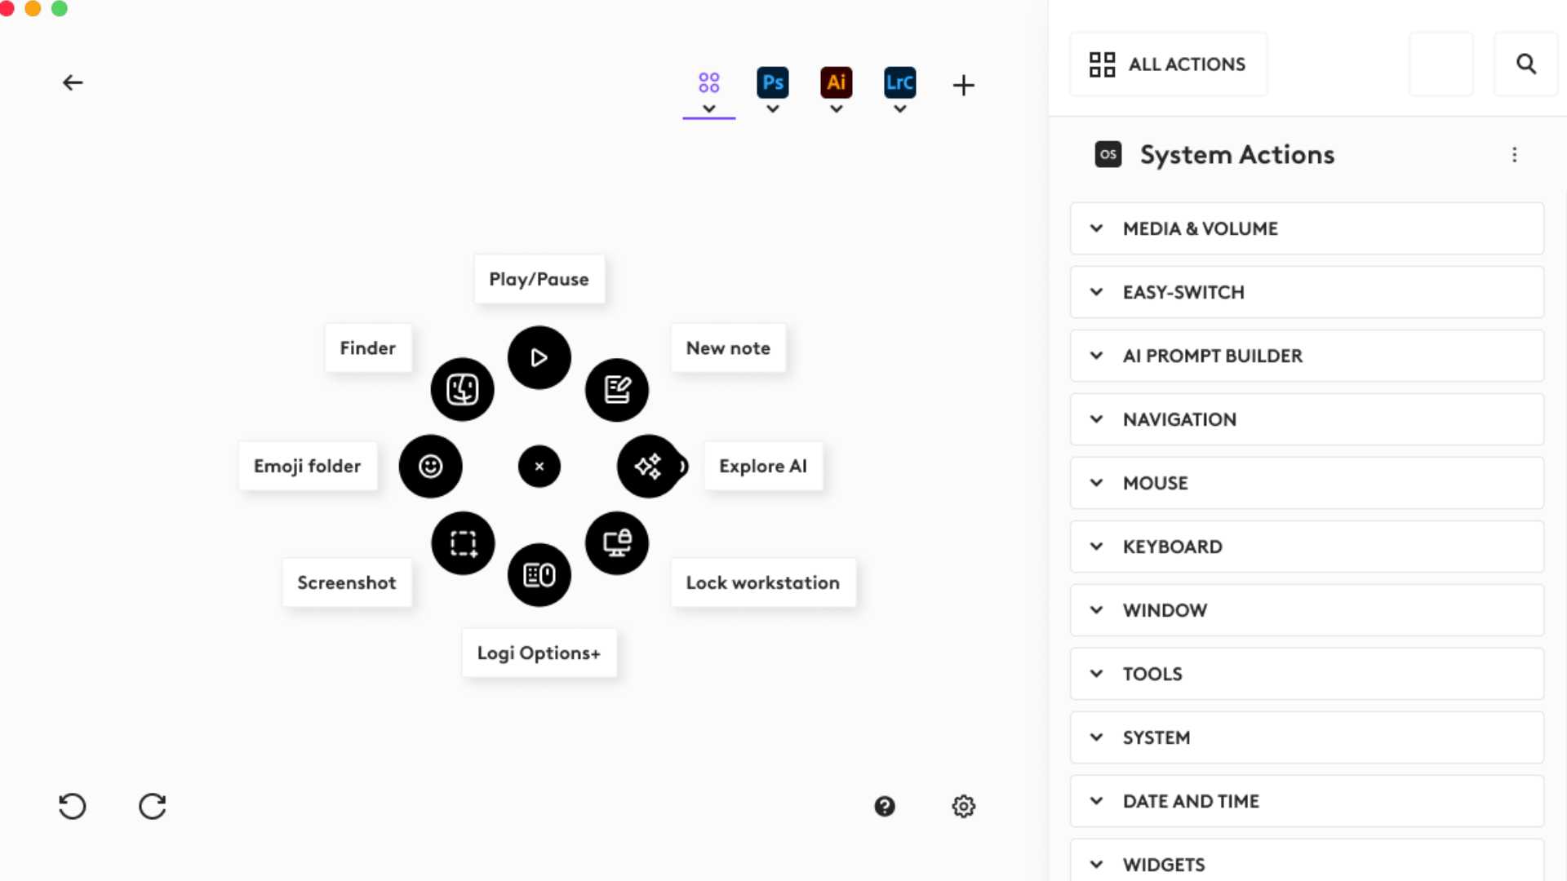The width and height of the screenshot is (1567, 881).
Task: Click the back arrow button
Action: [73, 82]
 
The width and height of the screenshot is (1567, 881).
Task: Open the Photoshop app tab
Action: [772, 83]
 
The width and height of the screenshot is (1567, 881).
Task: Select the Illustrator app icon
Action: [836, 83]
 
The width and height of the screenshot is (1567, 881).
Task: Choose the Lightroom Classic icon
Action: [899, 83]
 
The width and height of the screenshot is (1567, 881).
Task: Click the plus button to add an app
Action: [963, 85]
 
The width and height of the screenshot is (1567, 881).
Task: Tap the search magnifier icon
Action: [1525, 64]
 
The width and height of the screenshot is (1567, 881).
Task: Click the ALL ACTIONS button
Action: [1168, 64]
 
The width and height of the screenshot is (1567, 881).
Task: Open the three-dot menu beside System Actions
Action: [1514, 155]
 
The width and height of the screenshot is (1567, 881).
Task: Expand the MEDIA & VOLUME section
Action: [1306, 228]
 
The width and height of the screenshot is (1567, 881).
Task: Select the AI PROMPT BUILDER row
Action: [1306, 356]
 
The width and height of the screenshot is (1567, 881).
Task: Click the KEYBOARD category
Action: [1306, 547]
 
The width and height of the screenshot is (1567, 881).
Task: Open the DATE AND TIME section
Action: [1306, 801]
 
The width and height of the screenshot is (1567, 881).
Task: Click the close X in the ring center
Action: [539, 467]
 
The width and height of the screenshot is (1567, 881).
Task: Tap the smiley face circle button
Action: [430, 467]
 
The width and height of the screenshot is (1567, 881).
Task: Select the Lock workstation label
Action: [762, 582]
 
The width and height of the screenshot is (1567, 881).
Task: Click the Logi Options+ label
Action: [539, 653]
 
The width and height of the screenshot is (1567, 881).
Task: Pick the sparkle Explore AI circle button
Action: [648, 467]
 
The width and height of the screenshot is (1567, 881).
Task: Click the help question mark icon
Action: [885, 806]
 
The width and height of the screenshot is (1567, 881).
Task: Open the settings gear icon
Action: [963, 806]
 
